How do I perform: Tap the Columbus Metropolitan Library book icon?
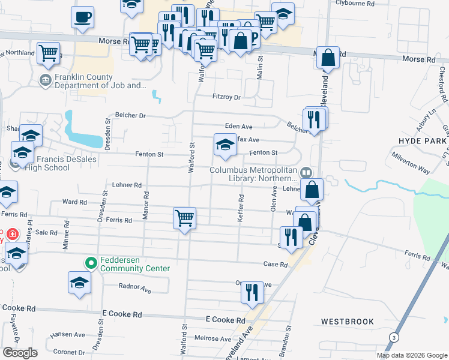306,173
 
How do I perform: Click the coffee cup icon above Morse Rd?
82,17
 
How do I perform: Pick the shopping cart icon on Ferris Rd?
184,217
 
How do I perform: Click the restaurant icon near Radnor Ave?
253,292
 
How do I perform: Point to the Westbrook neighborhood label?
347,322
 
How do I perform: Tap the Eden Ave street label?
238,127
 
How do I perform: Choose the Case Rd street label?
276,264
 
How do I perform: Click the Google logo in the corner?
19,352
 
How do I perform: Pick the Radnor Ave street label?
135,288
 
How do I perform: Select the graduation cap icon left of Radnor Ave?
79,283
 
